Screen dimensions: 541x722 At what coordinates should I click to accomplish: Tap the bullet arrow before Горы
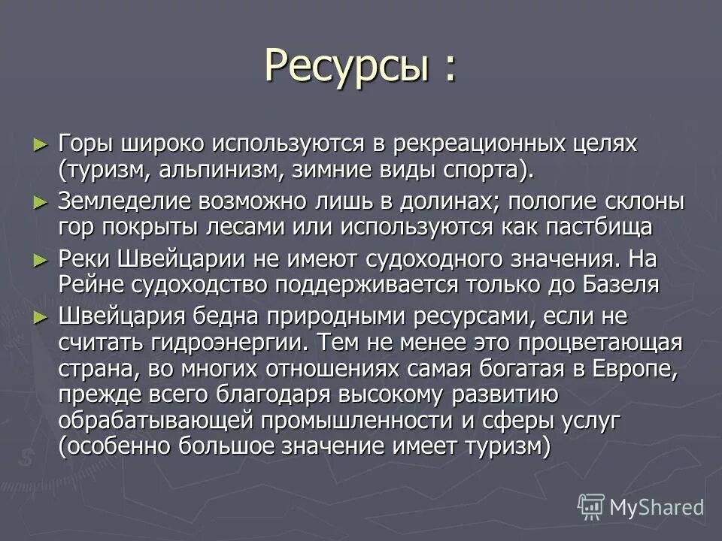41,144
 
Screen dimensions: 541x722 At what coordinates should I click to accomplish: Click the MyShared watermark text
656,507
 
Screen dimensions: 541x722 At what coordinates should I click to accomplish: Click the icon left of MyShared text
591,507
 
